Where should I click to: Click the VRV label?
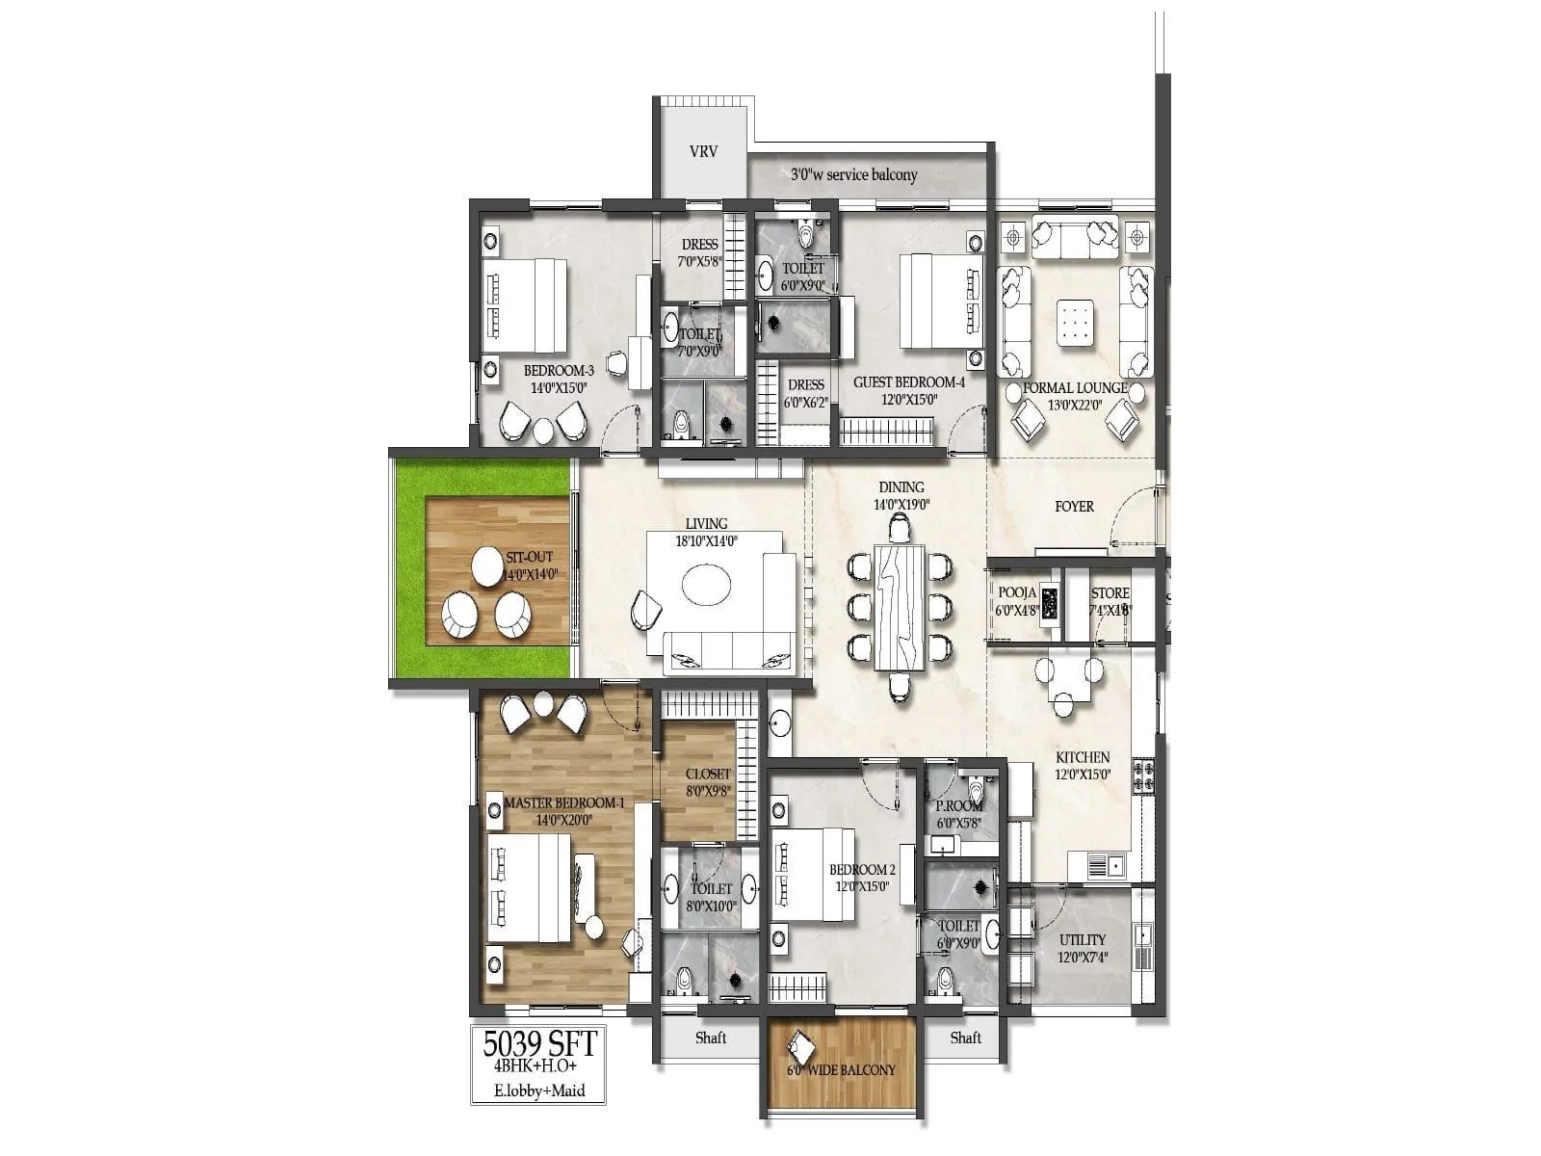pyautogui.click(x=703, y=152)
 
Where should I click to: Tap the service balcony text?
pyautogui.click(x=853, y=175)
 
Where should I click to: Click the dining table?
pyautogui.click(x=901, y=608)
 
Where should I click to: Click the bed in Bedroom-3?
pyautogui.click(x=524, y=305)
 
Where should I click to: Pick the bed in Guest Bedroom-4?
pyautogui.click(x=932, y=300)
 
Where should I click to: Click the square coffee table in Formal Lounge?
pyautogui.click(x=1076, y=323)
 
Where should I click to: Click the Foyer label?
pyautogui.click(x=1074, y=506)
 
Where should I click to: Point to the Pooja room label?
pyautogui.click(x=1016, y=593)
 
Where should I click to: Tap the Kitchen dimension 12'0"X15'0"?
pyautogui.click(x=1083, y=774)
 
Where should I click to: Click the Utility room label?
pyautogui.click(x=1082, y=939)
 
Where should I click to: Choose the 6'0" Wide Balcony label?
pyautogui.click(x=841, y=1070)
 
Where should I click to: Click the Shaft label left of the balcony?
pyautogui.click(x=711, y=1038)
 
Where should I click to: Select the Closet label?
pyautogui.click(x=708, y=774)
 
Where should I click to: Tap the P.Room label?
pyautogui.click(x=959, y=806)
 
